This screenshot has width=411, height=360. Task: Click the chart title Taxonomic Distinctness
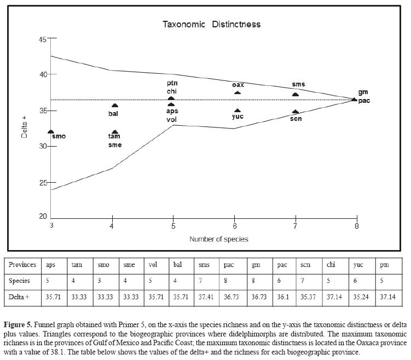point(211,24)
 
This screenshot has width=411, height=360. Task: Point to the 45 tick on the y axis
point(42,39)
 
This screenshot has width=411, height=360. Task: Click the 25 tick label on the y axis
point(43,182)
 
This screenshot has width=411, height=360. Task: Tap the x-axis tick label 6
point(235,225)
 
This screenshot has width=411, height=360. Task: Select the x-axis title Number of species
point(218,239)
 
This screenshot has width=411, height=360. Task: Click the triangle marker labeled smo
point(51,132)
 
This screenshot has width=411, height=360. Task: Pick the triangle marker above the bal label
point(115,106)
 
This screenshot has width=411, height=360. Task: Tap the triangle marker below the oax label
point(238,92)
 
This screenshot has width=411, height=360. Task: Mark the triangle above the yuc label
point(238,111)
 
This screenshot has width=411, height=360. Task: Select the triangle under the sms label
point(296,94)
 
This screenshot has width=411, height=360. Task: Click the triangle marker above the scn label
point(296,112)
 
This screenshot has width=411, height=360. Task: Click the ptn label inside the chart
point(172,83)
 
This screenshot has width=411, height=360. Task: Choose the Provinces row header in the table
point(22,265)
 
